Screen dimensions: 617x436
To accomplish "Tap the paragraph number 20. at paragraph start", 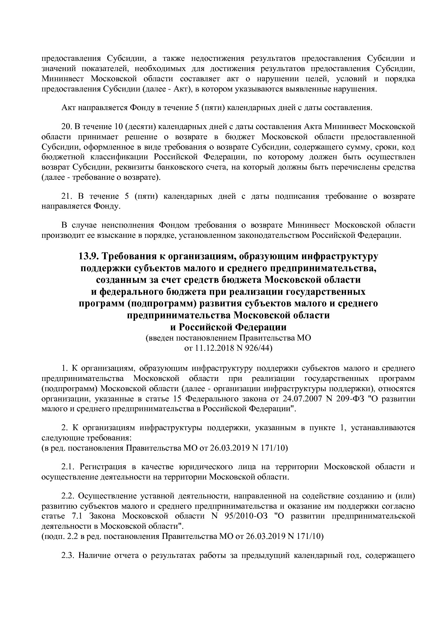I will click(x=66, y=126).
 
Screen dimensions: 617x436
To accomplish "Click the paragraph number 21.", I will click(x=66, y=196).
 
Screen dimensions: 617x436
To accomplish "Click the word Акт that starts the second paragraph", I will click(x=68, y=108).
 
